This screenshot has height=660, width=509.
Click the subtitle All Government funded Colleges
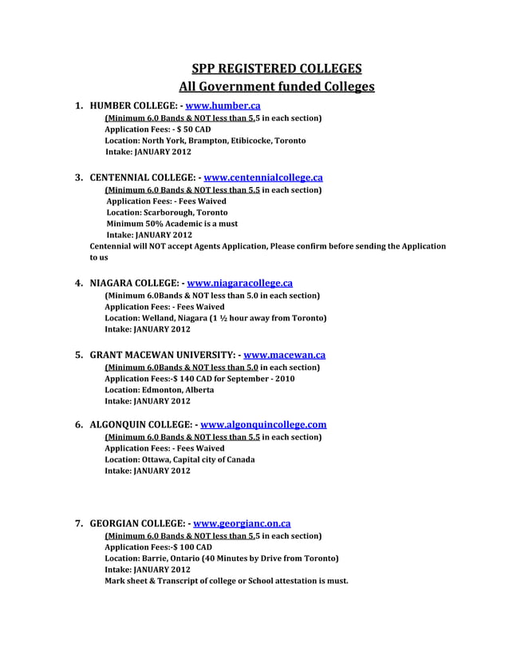coord(277,86)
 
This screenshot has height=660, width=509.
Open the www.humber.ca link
coord(223,105)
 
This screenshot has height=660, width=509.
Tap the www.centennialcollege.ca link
coord(263,177)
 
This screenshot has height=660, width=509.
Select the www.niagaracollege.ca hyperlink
coord(239,283)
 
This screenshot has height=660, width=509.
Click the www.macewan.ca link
coord(284,355)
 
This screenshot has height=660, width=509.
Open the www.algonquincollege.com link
coord(263,425)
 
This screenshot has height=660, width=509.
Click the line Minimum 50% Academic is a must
coord(172,224)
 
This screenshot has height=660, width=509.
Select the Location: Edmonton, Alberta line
coord(160,389)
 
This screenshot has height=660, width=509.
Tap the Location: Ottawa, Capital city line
coord(180,459)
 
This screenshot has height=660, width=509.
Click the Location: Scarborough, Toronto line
coord(167,213)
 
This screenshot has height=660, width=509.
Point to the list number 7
coord(79,524)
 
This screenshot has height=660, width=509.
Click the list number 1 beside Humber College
coord(79,105)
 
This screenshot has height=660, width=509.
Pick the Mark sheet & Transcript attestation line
coord(227,581)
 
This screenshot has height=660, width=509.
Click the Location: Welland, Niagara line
coord(215,317)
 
